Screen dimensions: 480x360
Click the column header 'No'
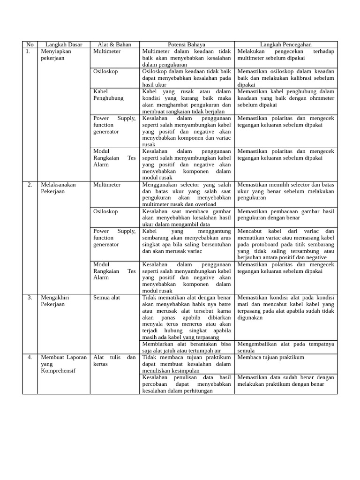[30, 45]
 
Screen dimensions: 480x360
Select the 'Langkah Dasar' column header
[64, 45]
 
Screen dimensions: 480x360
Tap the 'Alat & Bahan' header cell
[114, 45]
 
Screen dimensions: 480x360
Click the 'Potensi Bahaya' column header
[187, 45]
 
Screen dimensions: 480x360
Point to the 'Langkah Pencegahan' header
[286, 45]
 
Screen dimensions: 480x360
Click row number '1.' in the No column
[28, 52]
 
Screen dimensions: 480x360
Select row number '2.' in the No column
[30, 185]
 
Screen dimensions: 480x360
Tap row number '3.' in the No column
[30, 298]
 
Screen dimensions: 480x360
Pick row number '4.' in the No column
[30, 357]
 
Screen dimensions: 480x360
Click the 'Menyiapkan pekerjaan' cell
[56, 55]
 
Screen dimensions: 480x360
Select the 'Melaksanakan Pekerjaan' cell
[58, 188]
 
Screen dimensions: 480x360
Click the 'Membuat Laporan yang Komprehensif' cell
[64, 364]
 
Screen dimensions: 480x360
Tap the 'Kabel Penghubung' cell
[108, 95]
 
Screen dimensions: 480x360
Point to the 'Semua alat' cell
[106, 298]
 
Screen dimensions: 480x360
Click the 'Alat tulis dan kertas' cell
[114, 360]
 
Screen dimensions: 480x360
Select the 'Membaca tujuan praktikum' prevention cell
[271, 357]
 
